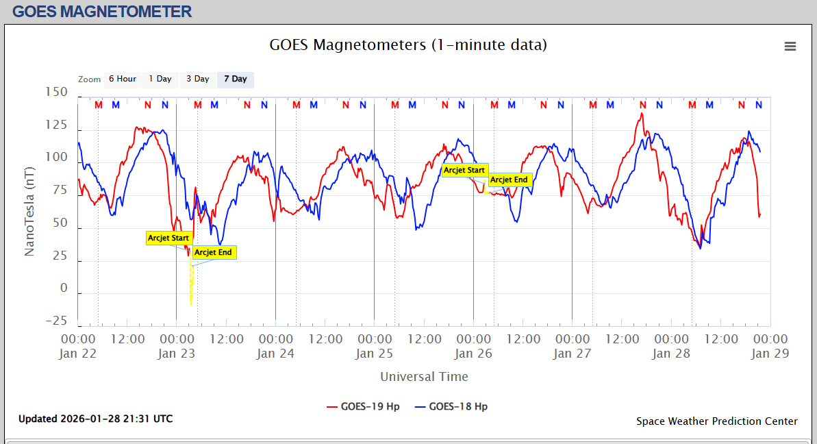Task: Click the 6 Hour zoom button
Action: pos(123,79)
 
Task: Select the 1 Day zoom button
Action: pos(160,79)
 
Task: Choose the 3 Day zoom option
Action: pos(198,79)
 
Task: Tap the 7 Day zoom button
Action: pos(235,79)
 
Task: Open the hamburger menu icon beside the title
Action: pos(790,47)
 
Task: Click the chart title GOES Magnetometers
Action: pos(408,45)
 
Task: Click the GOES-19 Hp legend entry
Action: pos(364,406)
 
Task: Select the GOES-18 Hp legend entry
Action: pos(451,406)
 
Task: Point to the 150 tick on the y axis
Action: pos(57,92)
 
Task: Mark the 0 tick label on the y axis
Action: pos(64,288)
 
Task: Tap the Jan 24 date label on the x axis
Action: pos(275,354)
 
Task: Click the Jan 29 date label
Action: pos(770,354)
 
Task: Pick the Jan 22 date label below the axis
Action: pos(78,354)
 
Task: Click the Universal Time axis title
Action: pos(424,377)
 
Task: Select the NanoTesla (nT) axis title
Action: pos(29,211)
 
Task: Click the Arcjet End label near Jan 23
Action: pos(214,253)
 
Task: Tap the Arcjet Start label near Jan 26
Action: pos(464,171)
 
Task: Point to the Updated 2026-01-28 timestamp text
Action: pos(95,419)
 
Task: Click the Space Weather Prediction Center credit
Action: pos(716,421)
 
